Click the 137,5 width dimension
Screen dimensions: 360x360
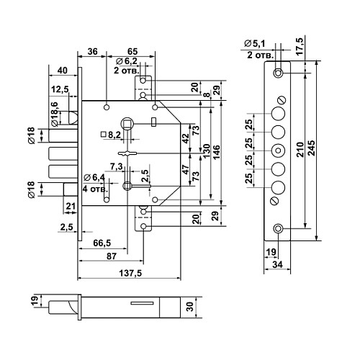[x=130, y=273]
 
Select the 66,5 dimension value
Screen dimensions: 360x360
[x=102, y=243]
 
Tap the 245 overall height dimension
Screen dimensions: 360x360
[x=312, y=148]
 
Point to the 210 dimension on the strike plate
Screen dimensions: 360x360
[x=300, y=150]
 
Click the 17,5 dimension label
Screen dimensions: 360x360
[x=300, y=46]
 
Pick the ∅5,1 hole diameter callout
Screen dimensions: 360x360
[x=255, y=44]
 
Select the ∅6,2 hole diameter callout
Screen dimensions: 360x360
[x=127, y=61]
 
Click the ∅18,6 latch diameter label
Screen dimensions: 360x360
[x=55, y=114]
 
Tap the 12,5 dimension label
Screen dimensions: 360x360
[x=60, y=89]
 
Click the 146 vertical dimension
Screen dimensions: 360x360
[x=216, y=153]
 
